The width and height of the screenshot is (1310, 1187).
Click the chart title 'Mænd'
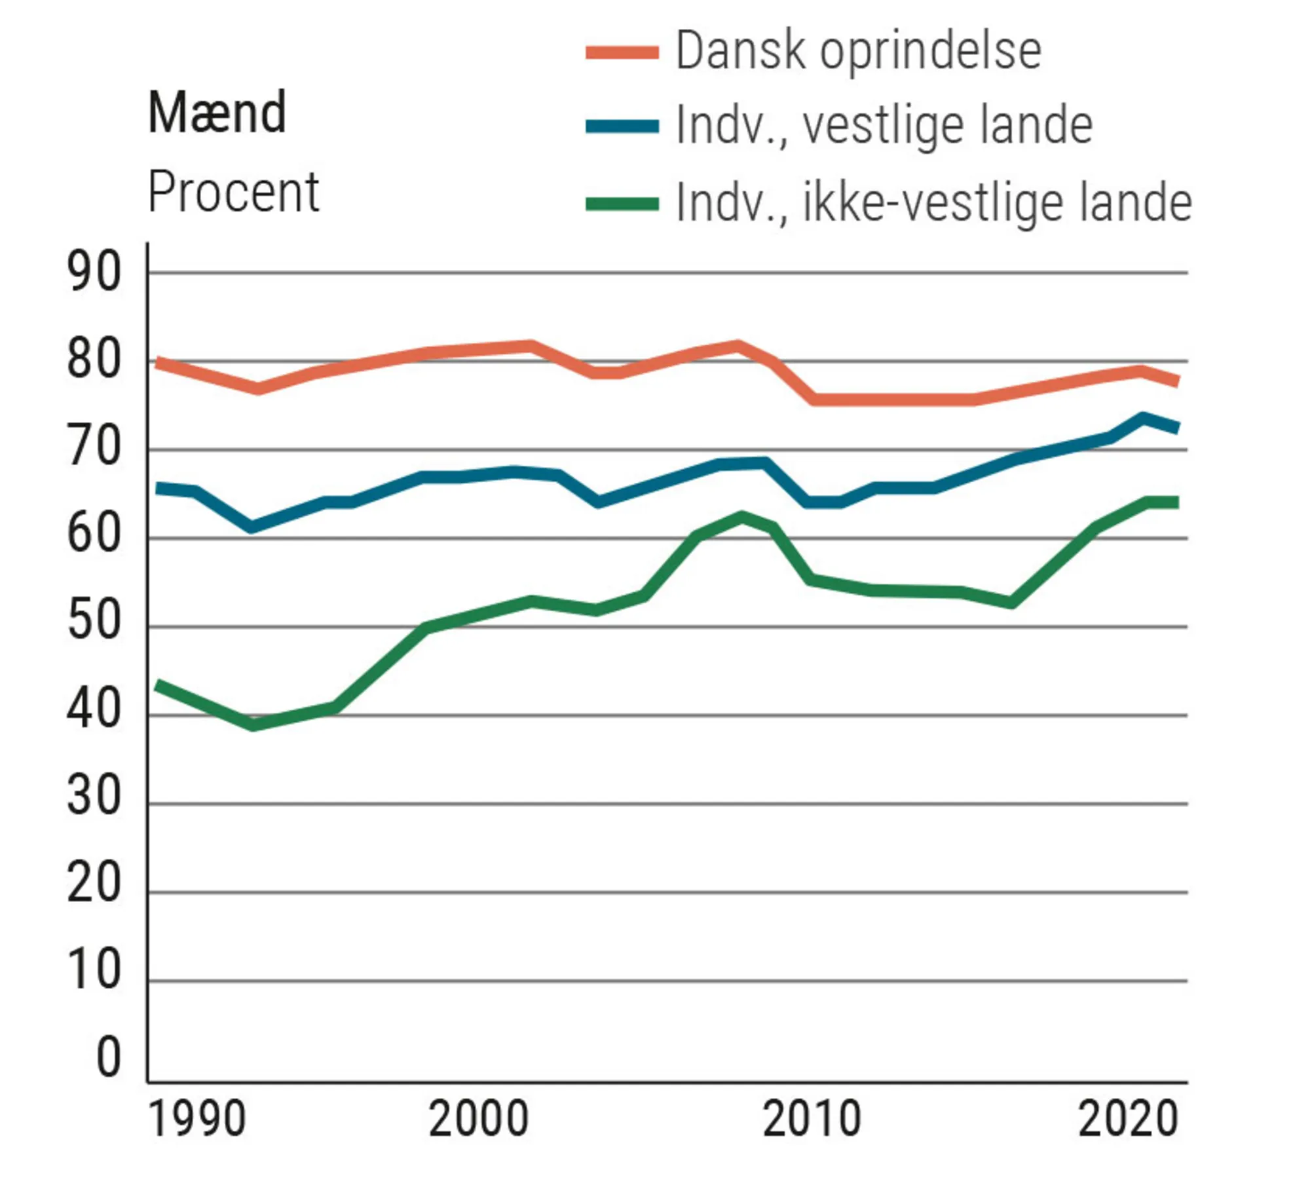(217, 113)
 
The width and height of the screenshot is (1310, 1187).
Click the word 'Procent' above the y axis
(233, 192)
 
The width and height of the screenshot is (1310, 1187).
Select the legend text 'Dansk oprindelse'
(858, 50)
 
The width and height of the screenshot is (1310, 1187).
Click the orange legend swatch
(622, 52)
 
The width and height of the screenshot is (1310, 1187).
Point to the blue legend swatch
(622, 126)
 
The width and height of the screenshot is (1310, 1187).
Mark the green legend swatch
(622, 204)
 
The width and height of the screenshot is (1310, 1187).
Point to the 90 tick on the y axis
(94, 273)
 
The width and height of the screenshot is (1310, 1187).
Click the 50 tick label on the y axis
(94, 621)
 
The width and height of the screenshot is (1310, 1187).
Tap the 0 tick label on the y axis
(109, 1057)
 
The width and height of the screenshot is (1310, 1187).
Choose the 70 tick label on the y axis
(94, 447)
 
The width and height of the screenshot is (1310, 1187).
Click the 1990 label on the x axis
(197, 1119)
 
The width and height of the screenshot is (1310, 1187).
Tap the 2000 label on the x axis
(478, 1119)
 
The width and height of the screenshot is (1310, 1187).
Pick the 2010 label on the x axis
(812, 1119)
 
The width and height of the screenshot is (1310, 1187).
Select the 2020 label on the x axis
(1128, 1119)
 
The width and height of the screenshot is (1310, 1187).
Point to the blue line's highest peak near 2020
(1142, 418)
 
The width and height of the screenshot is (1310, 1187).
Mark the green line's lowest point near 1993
(253, 725)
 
